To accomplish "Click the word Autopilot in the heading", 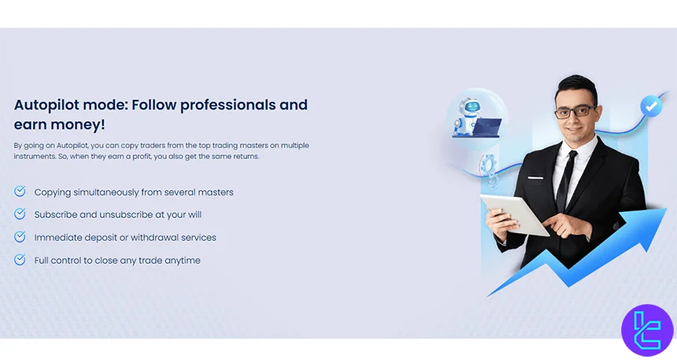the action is pos(46,105).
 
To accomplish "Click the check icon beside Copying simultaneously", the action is pos(20,191).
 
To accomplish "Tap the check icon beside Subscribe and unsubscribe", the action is pos(20,213).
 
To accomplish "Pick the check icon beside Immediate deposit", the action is pos(20,236).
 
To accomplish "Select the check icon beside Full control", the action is pos(20,259).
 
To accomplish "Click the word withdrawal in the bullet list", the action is pos(158,237).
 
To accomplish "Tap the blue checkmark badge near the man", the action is pos(651,106).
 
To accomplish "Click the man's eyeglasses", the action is pos(575,112).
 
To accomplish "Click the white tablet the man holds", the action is pos(514,214).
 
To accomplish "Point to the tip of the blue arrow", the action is pos(666,210).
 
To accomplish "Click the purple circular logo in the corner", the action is pos(647,331).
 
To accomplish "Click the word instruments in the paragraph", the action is pos(34,157).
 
